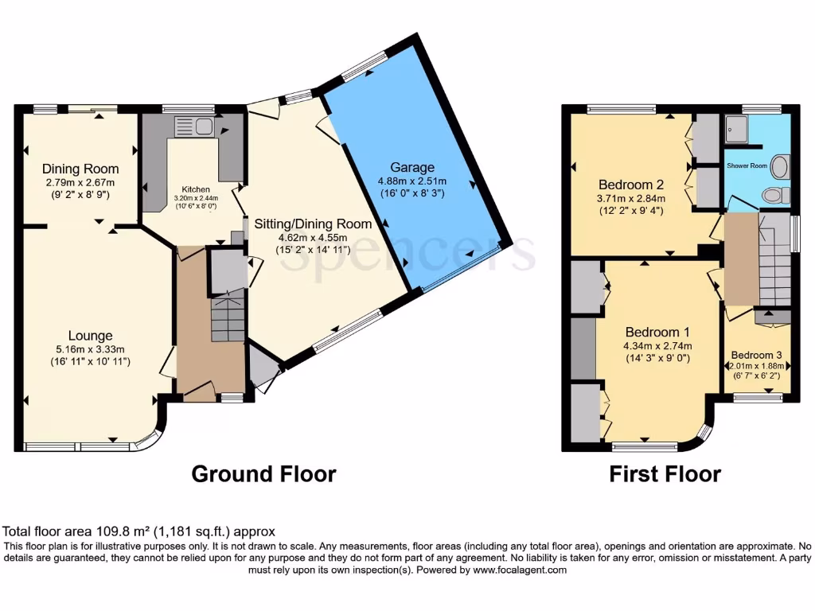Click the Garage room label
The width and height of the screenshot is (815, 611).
411,167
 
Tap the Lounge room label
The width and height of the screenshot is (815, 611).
90,336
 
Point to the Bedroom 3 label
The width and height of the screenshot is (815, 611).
756,355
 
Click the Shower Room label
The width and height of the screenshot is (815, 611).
747,165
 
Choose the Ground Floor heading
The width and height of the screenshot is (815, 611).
263,474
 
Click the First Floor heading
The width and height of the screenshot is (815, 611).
665,474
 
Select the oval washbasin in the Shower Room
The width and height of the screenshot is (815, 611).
780,167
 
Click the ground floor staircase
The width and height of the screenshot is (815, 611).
228,315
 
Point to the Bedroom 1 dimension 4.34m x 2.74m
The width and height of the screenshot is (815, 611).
657,346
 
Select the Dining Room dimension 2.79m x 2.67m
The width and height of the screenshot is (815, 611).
80,182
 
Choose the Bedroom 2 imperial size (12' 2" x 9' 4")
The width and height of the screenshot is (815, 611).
630,211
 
